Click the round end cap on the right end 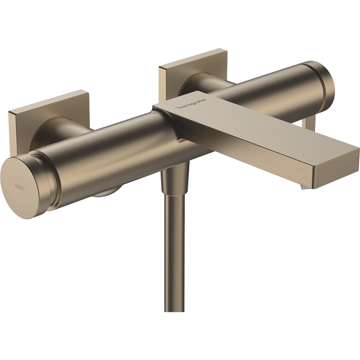tap(324, 82)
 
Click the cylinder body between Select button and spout tap(113, 154)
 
